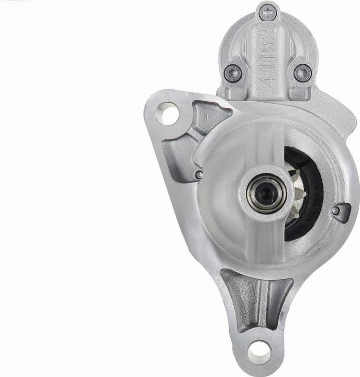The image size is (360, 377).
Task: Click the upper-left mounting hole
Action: (x=168, y=114)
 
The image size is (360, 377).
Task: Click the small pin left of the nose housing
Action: (x=199, y=175)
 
